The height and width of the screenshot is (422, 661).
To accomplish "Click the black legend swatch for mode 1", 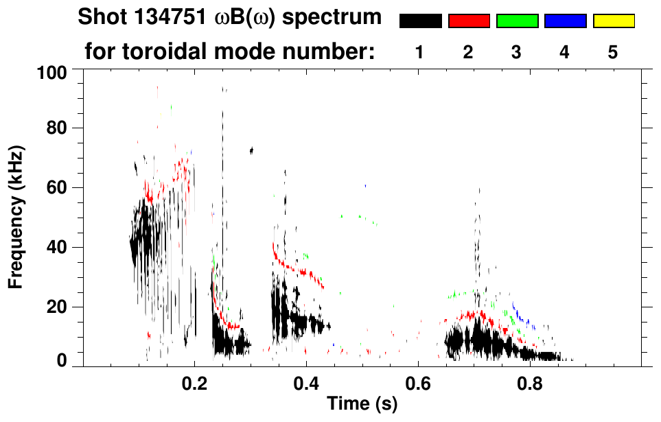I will [420, 21].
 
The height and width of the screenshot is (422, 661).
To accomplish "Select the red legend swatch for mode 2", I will [469, 21].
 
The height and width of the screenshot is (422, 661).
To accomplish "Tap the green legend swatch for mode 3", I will [517, 21].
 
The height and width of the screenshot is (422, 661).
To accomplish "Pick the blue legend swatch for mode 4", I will [565, 21].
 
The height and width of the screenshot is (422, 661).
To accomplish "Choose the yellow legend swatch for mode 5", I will [614, 21].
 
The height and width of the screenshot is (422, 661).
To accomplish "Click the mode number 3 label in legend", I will [516, 53].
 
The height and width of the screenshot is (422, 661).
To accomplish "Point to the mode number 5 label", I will [613, 53].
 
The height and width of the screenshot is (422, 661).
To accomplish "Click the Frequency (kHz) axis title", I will [16, 217].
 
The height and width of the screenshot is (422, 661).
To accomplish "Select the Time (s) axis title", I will [361, 405].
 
